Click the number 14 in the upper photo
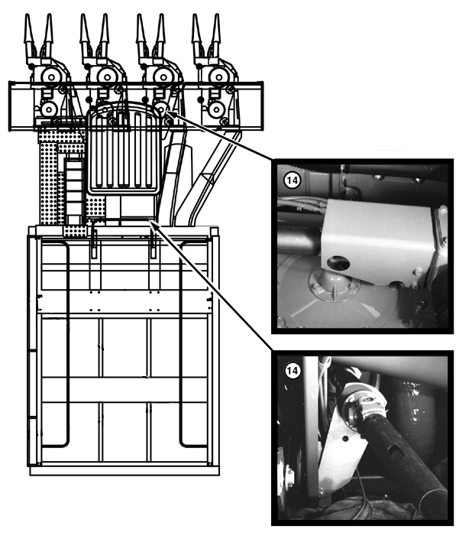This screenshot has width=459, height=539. [293, 180]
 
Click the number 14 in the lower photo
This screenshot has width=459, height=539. [293, 371]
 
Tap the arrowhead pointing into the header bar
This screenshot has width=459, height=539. [170, 115]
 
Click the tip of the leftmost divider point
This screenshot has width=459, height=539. [27, 15]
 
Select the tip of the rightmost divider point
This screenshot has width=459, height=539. [216, 15]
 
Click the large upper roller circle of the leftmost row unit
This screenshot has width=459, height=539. [51, 76]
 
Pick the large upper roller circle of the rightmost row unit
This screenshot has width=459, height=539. [218, 76]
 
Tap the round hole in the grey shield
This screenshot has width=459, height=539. [338, 264]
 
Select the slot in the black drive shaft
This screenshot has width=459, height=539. [396, 454]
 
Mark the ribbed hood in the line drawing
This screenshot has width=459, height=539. [124, 149]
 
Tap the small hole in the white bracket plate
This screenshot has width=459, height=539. [345, 439]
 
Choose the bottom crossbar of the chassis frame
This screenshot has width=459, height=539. [124, 471]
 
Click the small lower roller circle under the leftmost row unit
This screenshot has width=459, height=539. [49, 109]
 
